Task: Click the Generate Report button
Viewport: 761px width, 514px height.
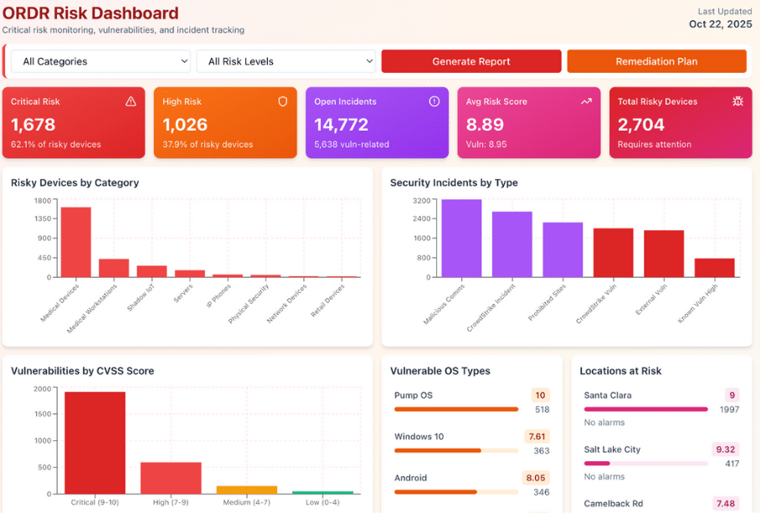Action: click(471, 61)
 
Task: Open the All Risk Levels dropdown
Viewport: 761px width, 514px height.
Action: click(285, 61)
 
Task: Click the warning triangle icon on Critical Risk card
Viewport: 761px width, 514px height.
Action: click(131, 101)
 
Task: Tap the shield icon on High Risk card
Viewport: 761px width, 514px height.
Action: click(283, 101)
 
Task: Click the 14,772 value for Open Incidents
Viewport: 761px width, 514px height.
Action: click(341, 125)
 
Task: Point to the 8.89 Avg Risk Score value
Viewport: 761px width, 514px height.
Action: click(485, 125)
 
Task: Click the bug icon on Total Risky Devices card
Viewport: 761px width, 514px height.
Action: click(738, 101)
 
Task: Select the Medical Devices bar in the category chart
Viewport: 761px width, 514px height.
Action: click(75, 242)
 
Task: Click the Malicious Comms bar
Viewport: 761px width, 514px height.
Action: click(461, 239)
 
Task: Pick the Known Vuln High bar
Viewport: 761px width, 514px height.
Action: click(714, 267)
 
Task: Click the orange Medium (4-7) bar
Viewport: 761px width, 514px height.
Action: click(246, 489)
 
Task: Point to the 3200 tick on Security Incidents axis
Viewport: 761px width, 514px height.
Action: click(421, 201)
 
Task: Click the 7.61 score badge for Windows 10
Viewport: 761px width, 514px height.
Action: click(537, 436)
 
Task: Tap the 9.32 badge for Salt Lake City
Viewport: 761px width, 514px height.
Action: click(726, 450)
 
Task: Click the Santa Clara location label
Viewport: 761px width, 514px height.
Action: click(607, 395)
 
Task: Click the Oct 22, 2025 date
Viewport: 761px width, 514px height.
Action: click(721, 24)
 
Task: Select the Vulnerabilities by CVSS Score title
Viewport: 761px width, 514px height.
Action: click(82, 371)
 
